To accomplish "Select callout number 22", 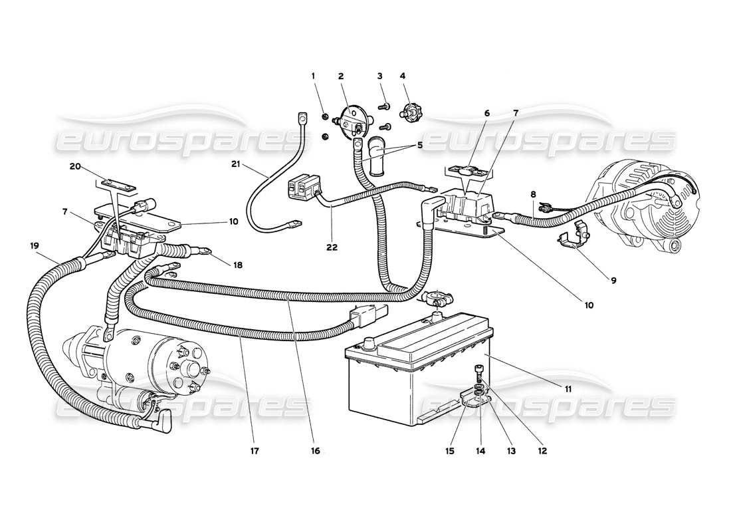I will [332, 247].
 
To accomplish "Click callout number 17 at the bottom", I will [255, 451].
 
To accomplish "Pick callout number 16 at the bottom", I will [315, 451].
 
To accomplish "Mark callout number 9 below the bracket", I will [613, 281].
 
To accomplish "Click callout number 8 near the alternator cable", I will [532, 194].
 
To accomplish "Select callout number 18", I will [237, 265].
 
